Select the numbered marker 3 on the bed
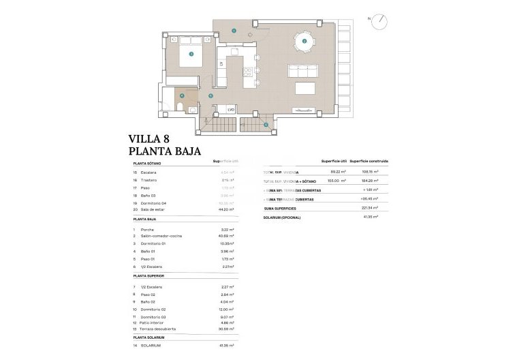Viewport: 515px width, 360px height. pos(191,53)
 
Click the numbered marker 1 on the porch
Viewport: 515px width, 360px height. pos(233,30)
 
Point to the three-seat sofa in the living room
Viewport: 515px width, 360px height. pos(303,71)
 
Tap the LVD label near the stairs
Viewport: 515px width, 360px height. pos(231,109)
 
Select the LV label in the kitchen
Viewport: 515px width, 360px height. pos(222,64)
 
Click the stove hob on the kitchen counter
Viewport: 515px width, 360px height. pos(236,52)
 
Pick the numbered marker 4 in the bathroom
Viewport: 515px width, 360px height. pos(181,95)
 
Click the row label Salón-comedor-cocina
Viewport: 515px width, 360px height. pos(161,236)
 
